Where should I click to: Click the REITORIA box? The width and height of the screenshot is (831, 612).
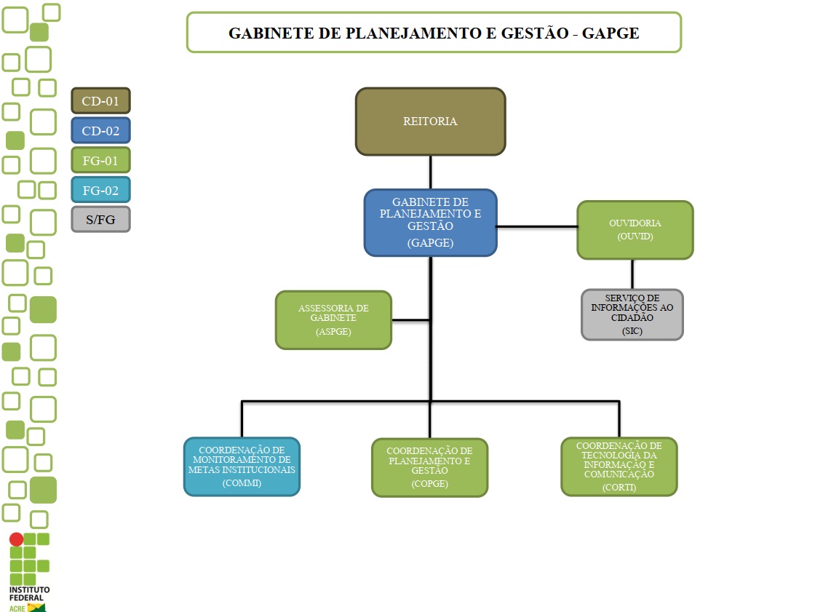click(x=430, y=122)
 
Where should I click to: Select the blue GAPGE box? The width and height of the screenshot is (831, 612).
click(x=430, y=223)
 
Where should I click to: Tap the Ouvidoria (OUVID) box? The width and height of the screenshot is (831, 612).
click(x=635, y=230)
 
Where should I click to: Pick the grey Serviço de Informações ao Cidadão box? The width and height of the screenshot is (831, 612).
click(x=632, y=314)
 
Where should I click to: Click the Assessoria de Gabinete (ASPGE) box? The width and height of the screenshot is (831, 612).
click(x=333, y=320)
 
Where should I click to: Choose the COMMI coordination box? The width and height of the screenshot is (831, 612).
click(x=242, y=466)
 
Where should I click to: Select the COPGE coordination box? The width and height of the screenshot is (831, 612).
click(x=429, y=467)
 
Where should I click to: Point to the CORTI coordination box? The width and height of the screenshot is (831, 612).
click(x=619, y=466)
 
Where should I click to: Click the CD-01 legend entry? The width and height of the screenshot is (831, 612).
click(x=100, y=101)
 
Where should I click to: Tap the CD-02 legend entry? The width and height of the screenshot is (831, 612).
click(x=100, y=131)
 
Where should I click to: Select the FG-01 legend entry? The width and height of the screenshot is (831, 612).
click(x=100, y=161)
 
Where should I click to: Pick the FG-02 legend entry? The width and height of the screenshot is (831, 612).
click(x=100, y=191)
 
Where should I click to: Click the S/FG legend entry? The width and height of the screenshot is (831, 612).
click(x=100, y=220)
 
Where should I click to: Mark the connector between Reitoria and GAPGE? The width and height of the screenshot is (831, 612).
click(x=431, y=172)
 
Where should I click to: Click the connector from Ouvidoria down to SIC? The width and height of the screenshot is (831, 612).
click(x=632, y=274)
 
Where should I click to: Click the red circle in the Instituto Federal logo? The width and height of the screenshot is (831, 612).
click(x=16, y=539)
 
